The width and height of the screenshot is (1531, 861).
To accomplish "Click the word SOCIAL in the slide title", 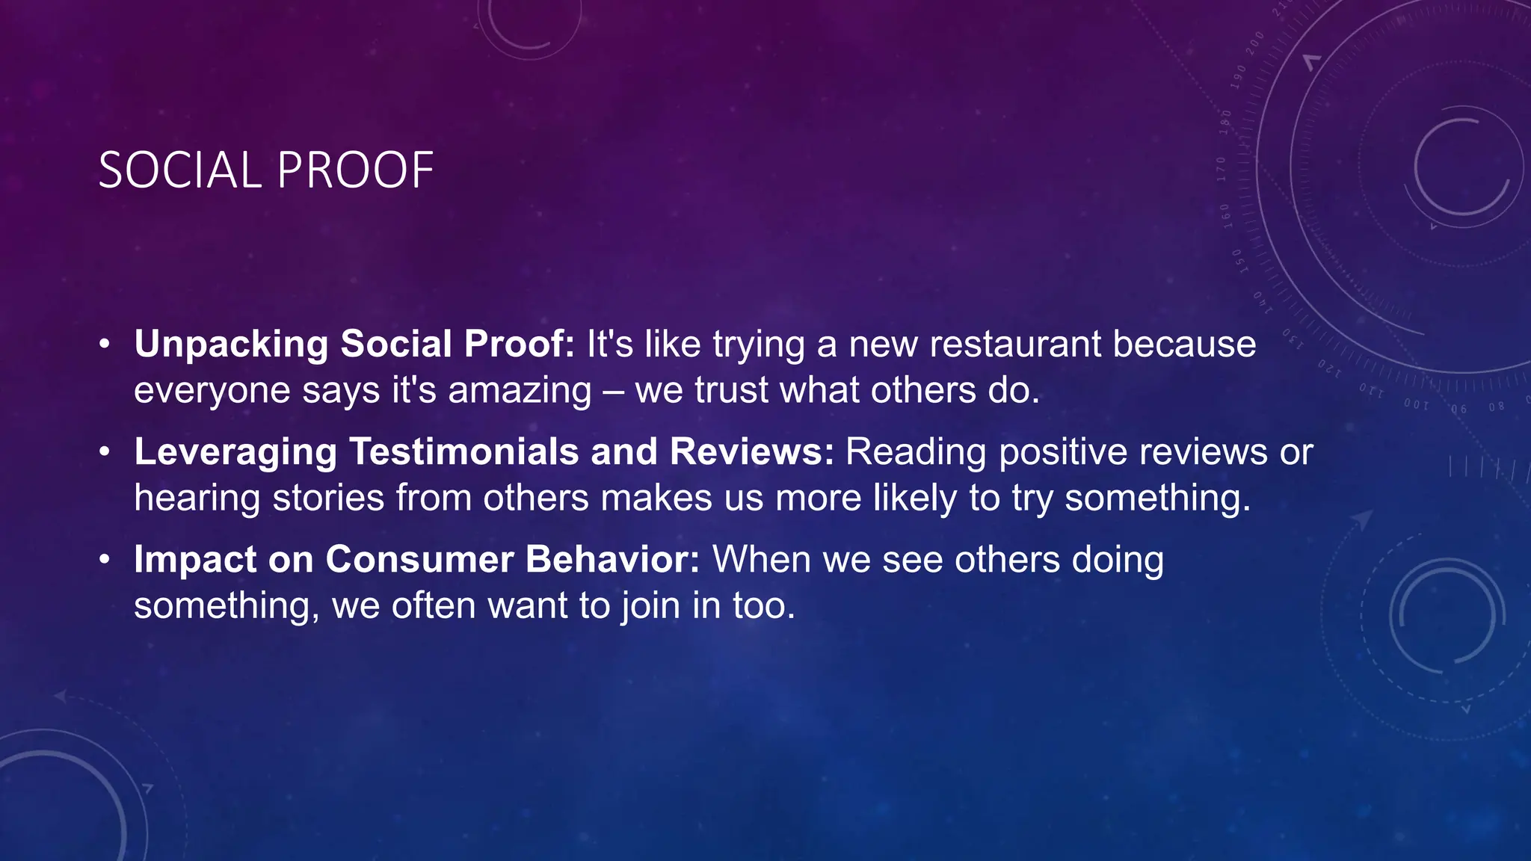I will (179, 170).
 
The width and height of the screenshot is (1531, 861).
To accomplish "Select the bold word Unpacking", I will (231, 345).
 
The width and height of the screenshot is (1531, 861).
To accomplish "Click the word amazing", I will (520, 391).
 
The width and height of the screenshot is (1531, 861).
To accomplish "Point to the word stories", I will (328, 498).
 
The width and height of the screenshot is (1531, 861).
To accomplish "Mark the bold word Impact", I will (195, 560).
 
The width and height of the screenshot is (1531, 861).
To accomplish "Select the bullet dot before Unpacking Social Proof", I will (105, 345).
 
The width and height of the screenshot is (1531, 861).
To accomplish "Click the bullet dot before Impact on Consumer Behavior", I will (105, 559).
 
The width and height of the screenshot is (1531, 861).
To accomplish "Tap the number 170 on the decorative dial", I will (1222, 169).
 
